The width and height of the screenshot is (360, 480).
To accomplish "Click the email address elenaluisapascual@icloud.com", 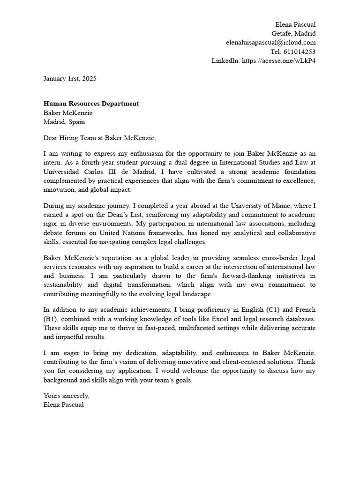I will point(270,42).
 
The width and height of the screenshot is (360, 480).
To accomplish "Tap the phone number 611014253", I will point(300,52).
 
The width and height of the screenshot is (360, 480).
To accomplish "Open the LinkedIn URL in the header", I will point(278,60).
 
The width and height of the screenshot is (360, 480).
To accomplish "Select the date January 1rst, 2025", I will point(70,79).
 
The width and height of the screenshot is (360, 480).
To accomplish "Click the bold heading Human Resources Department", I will point(91,104).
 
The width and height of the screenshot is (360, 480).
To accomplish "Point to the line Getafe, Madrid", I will point(293,33).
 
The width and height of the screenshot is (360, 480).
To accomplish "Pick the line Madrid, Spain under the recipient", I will point(64,121).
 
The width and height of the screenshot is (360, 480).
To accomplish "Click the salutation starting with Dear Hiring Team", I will point(99,138).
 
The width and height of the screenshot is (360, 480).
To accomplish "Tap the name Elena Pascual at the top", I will point(295,24).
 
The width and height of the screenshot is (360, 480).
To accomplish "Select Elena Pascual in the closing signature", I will point(64,405).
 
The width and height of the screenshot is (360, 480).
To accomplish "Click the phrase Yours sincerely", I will point(66,396).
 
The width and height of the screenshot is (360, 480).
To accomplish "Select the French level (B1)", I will point(52,319).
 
